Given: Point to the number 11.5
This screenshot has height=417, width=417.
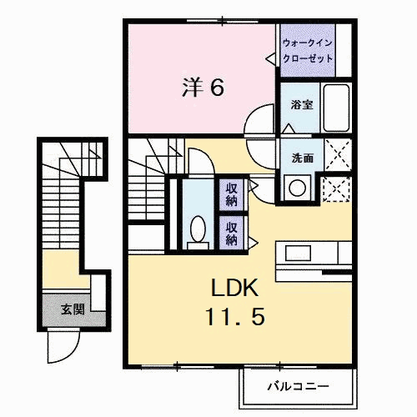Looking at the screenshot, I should point(237,319).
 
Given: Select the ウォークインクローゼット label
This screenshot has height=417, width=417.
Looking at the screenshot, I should point(308,50).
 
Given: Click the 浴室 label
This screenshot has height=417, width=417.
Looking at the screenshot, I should point(301,106).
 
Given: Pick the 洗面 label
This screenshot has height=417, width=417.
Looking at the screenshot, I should point(302,158).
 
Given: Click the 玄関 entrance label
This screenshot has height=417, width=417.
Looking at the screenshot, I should point(72,309).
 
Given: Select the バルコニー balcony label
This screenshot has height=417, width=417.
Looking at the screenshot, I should point(298,386).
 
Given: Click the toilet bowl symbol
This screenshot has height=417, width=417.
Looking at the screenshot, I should point(198,228).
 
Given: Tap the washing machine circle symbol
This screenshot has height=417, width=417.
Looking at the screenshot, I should point(297,187).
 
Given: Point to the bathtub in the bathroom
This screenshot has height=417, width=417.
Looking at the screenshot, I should point(337,108).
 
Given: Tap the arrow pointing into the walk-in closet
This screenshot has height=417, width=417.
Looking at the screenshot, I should point(270,58).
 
